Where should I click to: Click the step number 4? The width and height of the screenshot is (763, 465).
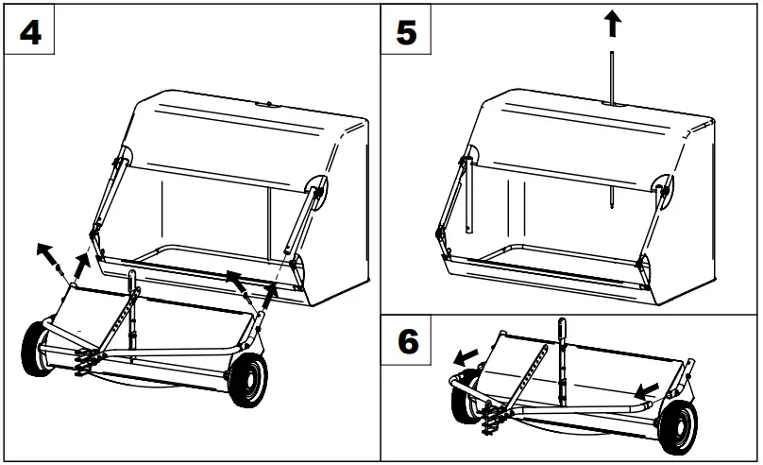(x=30, y=32)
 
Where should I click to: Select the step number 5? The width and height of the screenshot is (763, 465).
(x=407, y=32)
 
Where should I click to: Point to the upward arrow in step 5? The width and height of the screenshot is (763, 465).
(x=613, y=24)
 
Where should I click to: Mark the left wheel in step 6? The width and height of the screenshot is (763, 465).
(x=465, y=405)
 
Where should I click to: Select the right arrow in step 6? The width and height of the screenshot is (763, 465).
(x=647, y=388)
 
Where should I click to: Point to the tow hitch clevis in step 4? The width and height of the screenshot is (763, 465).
(x=82, y=359)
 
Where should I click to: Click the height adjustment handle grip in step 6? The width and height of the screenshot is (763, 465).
(x=565, y=330)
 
